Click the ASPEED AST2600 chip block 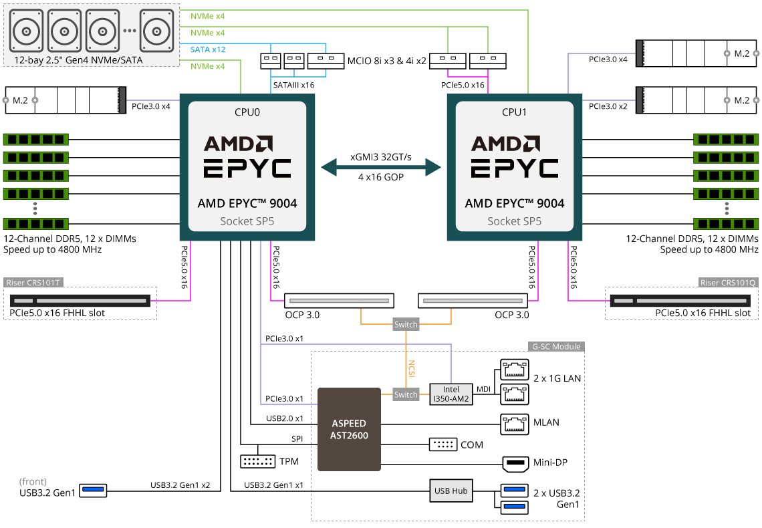click(x=349, y=429)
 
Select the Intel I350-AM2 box click(x=451, y=394)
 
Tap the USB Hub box click(x=451, y=491)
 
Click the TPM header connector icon click(x=257, y=461)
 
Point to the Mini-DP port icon click(x=515, y=465)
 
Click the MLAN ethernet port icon click(x=515, y=424)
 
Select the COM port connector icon click(x=442, y=444)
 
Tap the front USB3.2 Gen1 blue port click(x=93, y=490)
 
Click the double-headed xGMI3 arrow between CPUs click(x=381, y=168)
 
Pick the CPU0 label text click(x=247, y=112)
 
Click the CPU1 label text click(x=514, y=112)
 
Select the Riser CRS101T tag click(x=33, y=283)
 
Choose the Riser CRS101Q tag click(x=727, y=283)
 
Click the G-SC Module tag click(x=556, y=346)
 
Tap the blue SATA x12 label click(x=208, y=49)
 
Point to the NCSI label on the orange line click(x=412, y=369)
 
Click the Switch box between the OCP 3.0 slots click(x=406, y=324)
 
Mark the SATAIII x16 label click(x=293, y=85)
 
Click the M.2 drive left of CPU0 click(x=66, y=100)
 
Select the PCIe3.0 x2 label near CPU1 click(x=608, y=106)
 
